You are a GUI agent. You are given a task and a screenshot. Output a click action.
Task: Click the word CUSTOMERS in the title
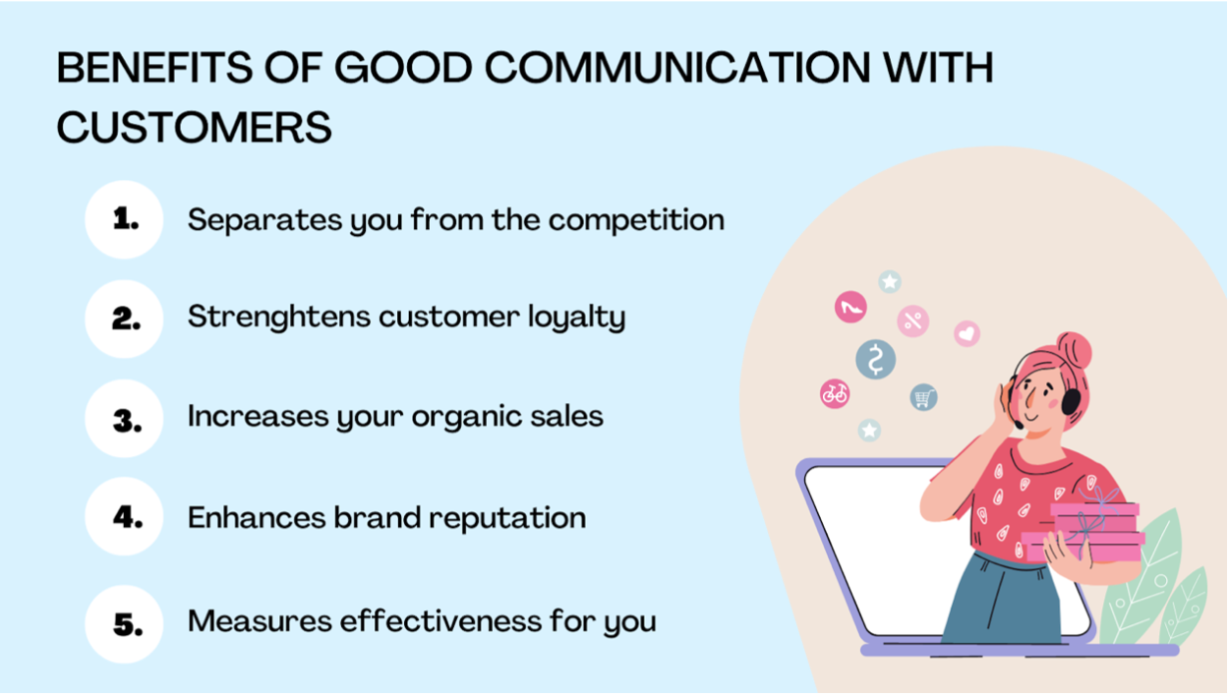click(x=195, y=127)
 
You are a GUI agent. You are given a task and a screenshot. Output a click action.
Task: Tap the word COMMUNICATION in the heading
click(x=677, y=68)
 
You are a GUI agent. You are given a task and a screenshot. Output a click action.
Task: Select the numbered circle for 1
click(x=124, y=219)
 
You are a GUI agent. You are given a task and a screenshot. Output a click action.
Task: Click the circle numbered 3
click(x=124, y=419)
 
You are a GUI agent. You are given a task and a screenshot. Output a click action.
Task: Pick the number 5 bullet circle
click(x=124, y=624)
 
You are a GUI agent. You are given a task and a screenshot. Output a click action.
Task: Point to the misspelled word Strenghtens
click(x=279, y=318)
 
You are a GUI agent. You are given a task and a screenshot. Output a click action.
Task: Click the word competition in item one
click(x=636, y=220)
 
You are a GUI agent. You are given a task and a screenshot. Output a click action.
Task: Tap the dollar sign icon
click(x=876, y=359)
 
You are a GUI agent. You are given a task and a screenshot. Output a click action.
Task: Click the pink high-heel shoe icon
click(x=850, y=307)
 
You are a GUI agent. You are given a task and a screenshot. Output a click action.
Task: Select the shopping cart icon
click(x=924, y=397)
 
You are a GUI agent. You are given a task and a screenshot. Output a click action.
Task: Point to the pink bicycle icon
click(x=835, y=393)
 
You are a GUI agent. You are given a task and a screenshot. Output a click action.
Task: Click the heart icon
click(x=966, y=333)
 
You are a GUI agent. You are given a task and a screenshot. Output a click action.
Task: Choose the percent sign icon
click(x=913, y=320)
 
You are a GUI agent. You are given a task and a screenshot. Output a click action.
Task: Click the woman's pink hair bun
click(x=1075, y=349)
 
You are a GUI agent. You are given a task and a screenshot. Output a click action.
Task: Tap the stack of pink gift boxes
click(x=1083, y=532)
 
